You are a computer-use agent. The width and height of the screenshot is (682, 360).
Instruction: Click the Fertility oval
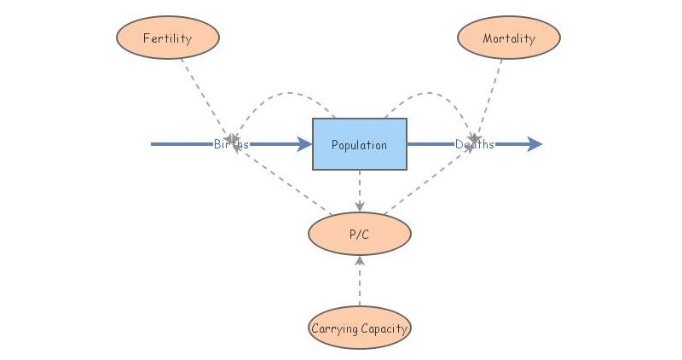click(x=167, y=38)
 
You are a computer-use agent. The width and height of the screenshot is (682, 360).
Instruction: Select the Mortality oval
click(x=508, y=38)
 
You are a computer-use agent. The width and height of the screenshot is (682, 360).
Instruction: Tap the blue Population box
click(x=359, y=144)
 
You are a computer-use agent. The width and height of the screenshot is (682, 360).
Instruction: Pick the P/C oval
click(x=359, y=234)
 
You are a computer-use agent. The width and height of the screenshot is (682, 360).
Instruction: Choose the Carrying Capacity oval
click(x=359, y=328)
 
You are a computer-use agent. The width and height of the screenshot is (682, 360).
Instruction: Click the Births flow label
click(x=231, y=144)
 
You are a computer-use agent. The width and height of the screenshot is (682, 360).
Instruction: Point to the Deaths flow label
click(x=474, y=144)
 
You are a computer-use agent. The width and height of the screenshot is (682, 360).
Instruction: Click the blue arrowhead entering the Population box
click(x=304, y=144)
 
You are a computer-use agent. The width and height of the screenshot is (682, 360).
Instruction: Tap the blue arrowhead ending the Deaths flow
click(x=535, y=144)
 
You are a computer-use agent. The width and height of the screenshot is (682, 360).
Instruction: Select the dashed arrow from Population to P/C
click(x=359, y=191)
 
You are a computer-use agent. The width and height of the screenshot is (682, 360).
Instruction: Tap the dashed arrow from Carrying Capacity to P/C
click(x=359, y=282)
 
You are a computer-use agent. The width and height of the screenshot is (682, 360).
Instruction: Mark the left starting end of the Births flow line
click(x=153, y=144)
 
